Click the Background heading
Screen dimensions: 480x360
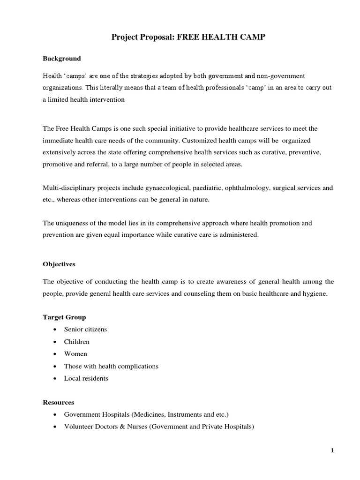click(62, 59)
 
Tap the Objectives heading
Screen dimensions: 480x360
click(59, 264)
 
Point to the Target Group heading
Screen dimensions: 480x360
click(64, 317)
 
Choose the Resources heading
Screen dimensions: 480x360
click(59, 403)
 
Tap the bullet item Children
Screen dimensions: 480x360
click(77, 342)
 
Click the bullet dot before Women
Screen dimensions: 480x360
click(56, 354)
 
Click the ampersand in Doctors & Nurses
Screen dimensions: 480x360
click(122, 427)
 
